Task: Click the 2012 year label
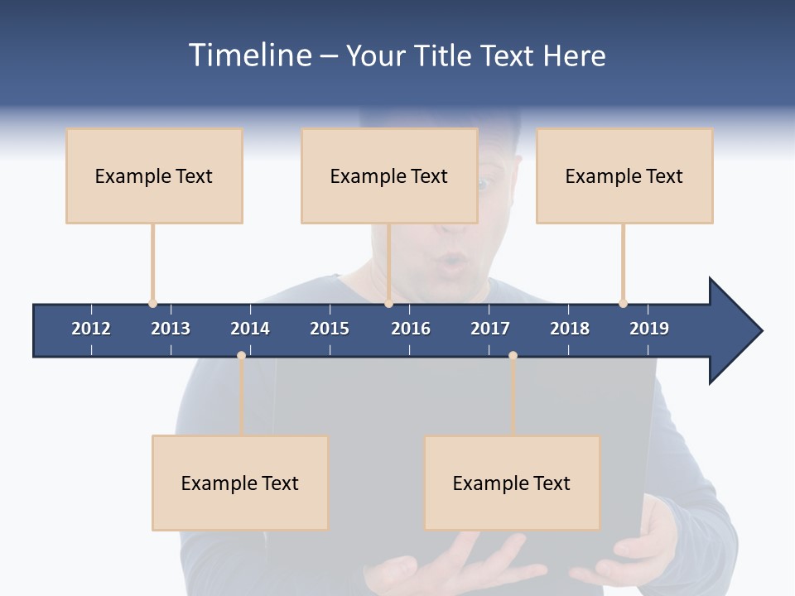click(x=91, y=329)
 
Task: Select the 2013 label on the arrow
click(x=171, y=329)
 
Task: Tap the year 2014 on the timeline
click(x=250, y=329)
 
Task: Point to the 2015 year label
click(x=330, y=329)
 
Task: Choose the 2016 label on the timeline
click(x=411, y=329)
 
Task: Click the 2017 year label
click(x=490, y=329)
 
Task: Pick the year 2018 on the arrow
click(x=570, y=329)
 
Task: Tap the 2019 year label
click(x=649, y=329)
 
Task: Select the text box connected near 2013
click(x=154, y=175)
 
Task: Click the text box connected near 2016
click(x=389, y=175)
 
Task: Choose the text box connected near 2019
click(x=624, y=175)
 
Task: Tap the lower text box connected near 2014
click(x=240, y=483)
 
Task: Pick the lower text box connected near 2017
click(x=512, y=483)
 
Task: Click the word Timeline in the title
click(x=250, y=55)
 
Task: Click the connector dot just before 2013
click(x=152, y=304)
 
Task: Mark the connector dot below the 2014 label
click(x=241, y=355)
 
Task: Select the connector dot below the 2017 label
click(x=513, y=355)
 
